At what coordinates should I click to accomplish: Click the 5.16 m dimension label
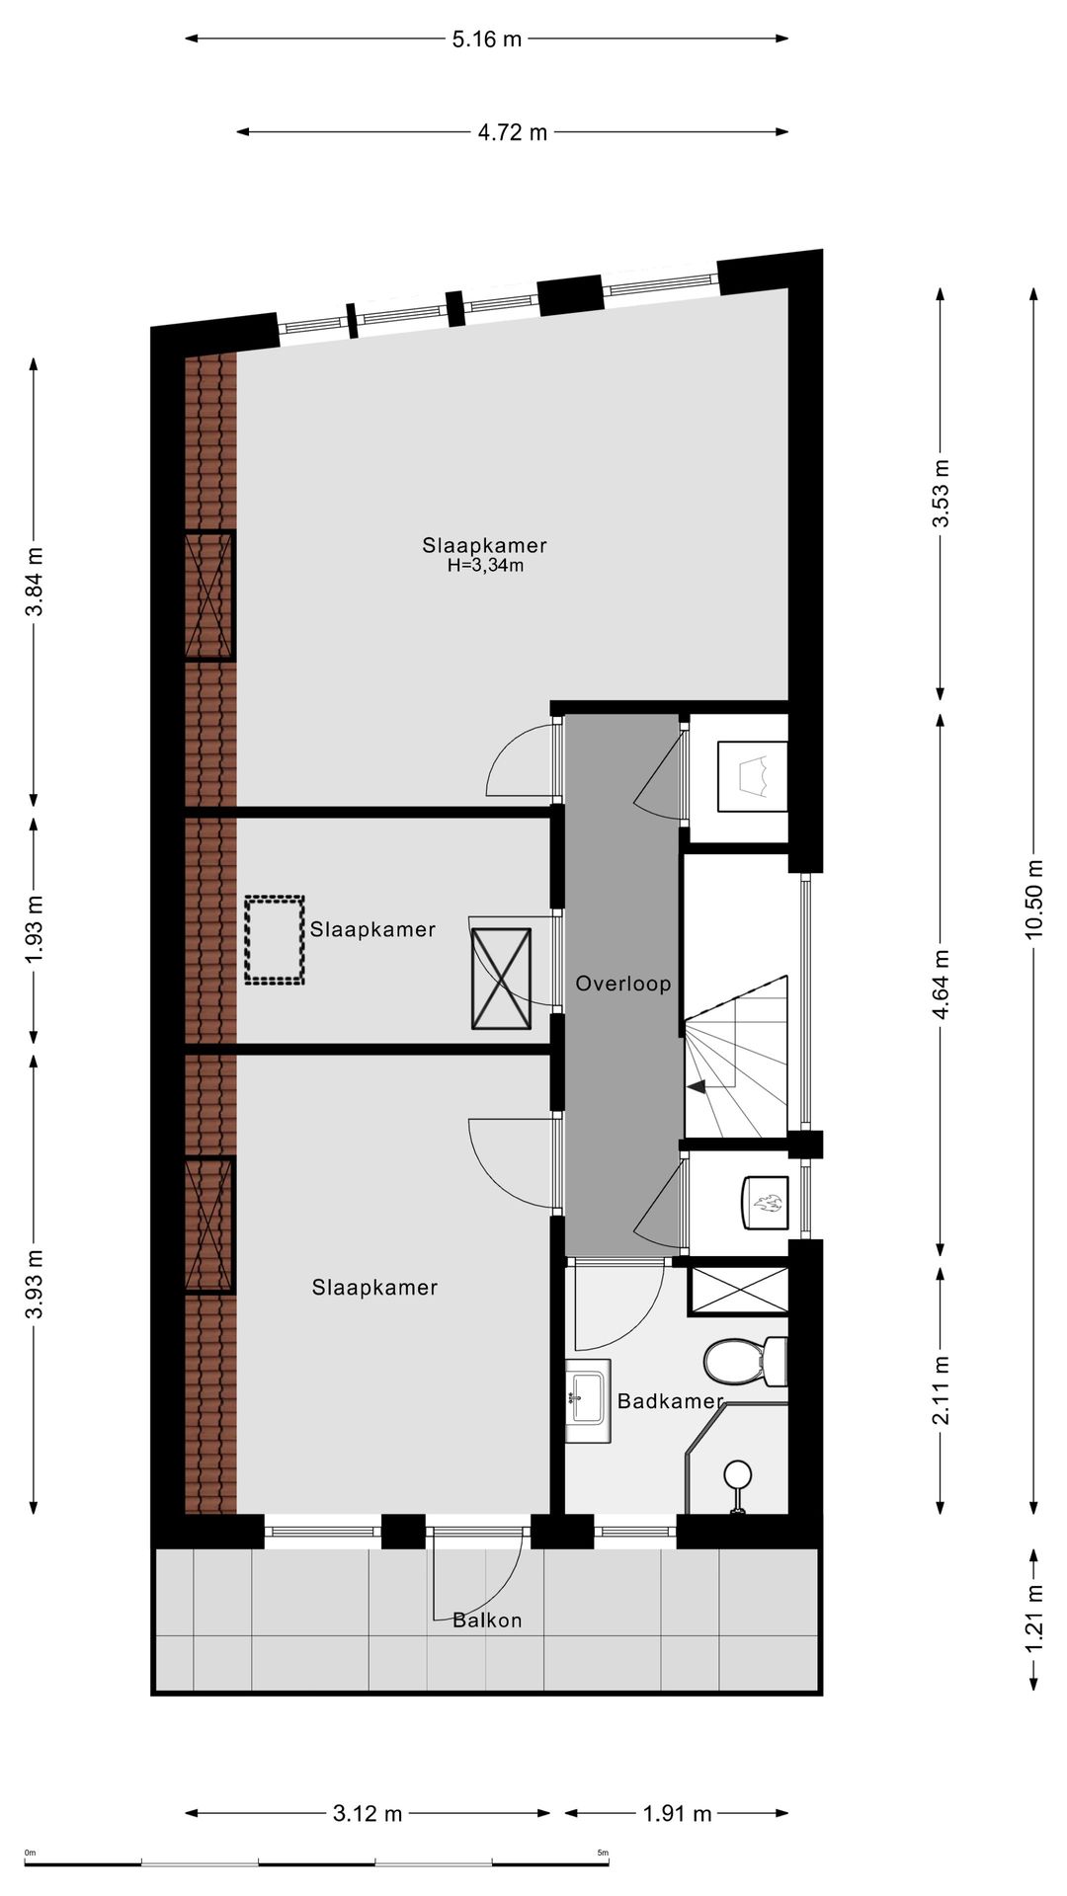click(x=486, y=39)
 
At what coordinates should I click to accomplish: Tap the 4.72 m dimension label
click(x=512, y=132)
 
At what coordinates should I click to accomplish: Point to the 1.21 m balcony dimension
click(x=1033, y=1619)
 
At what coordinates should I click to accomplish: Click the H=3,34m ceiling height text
click(x=484, y=566)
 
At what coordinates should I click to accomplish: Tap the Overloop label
click(x=622, y=984)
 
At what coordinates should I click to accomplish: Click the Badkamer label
click(x=670, y=1400)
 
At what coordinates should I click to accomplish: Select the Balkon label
click(x=487, y=1620)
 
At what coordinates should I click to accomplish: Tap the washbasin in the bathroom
click(x=587, y=1392)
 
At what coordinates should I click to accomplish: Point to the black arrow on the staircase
click(x=697, y=1087)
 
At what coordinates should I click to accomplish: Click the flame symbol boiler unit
click(x=765, y=1202)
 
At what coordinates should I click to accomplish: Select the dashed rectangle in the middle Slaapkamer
click(x=275, y=939)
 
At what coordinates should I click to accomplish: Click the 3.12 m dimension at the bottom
click(x=368, y=1814)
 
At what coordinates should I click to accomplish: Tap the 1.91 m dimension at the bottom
click(x=677, y=1814)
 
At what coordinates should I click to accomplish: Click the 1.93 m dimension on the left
click(x=35, y=930)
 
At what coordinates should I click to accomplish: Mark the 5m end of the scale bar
click(x=605, y=1856)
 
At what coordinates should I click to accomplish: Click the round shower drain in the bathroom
click(x=737, y=1475)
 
